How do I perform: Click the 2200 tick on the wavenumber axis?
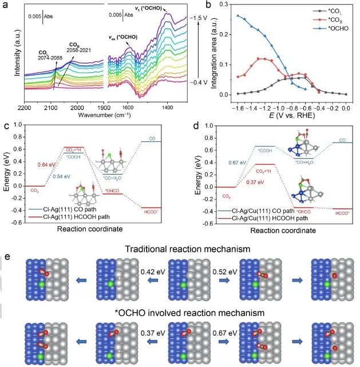click(x=24, y=108)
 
